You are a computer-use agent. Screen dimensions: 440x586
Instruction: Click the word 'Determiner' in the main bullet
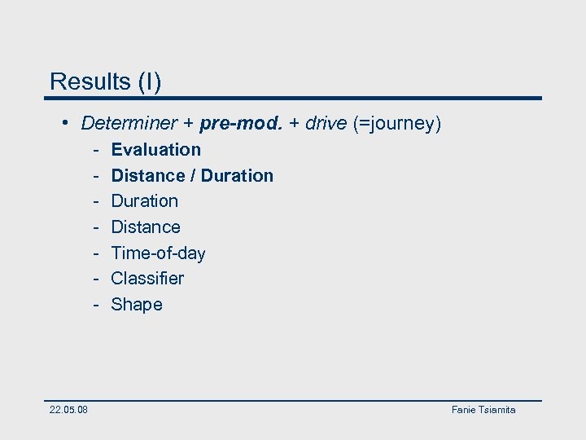coord(129,124)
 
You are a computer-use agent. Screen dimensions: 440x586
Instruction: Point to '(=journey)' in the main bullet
coord(397,124)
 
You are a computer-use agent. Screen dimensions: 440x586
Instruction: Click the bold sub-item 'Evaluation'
coord(155,150)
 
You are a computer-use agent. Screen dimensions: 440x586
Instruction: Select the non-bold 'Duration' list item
coord(144,201)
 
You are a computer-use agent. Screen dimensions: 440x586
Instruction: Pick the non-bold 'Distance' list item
coord(146,227)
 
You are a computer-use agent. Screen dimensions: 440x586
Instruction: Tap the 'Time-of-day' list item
coord(158,253)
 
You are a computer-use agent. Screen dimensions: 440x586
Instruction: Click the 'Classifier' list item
coord(147,279)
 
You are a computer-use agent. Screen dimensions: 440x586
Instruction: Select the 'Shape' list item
coord(137,305)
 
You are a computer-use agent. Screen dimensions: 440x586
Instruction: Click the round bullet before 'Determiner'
coord(65,124)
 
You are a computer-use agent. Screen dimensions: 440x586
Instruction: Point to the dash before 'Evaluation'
coord(95,150)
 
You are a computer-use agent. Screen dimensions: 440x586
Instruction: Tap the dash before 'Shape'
coord(95,305)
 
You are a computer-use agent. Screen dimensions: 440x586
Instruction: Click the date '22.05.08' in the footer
coord(69,410)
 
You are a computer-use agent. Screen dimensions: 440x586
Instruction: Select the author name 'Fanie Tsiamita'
coord(483,410)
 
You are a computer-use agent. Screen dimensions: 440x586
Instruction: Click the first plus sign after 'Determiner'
coord(188,124)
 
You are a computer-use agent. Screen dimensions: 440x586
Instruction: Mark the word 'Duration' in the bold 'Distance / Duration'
coord(237,175)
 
